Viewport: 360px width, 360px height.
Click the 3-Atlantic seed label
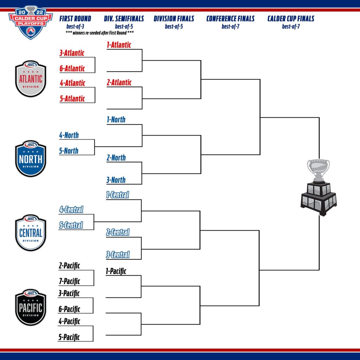[x=72, y=53]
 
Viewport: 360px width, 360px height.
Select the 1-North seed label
[x=116, y=120]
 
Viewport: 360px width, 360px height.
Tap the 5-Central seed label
[x=71, y=225]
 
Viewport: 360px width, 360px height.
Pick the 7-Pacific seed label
[x=69, y=281]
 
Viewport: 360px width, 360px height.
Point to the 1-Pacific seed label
[x=116, y=271]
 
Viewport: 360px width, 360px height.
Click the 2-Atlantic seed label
[x=119, y=83]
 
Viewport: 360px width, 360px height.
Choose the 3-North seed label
[x=116, y=180]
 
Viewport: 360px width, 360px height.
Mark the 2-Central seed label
[x=118, y=232]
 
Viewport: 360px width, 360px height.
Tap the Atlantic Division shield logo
[x=31, y=79]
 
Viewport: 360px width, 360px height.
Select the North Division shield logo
[x=31, y=159]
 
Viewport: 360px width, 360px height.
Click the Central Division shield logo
[x=31, y=233]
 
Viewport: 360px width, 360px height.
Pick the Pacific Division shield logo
[x=31, y=308]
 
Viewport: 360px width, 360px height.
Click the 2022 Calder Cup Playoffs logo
[x=31, y=22]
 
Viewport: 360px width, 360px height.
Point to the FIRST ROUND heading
[x=75, y=19]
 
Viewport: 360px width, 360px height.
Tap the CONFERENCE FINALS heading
[x=231, y=19]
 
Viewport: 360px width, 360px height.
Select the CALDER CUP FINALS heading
[x=291, y=19]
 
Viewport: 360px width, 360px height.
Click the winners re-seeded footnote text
[x=100, y=32]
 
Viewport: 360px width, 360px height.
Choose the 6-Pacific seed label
[x=69, y=309]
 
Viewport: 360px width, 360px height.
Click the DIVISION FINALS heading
[x=174, y=19]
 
